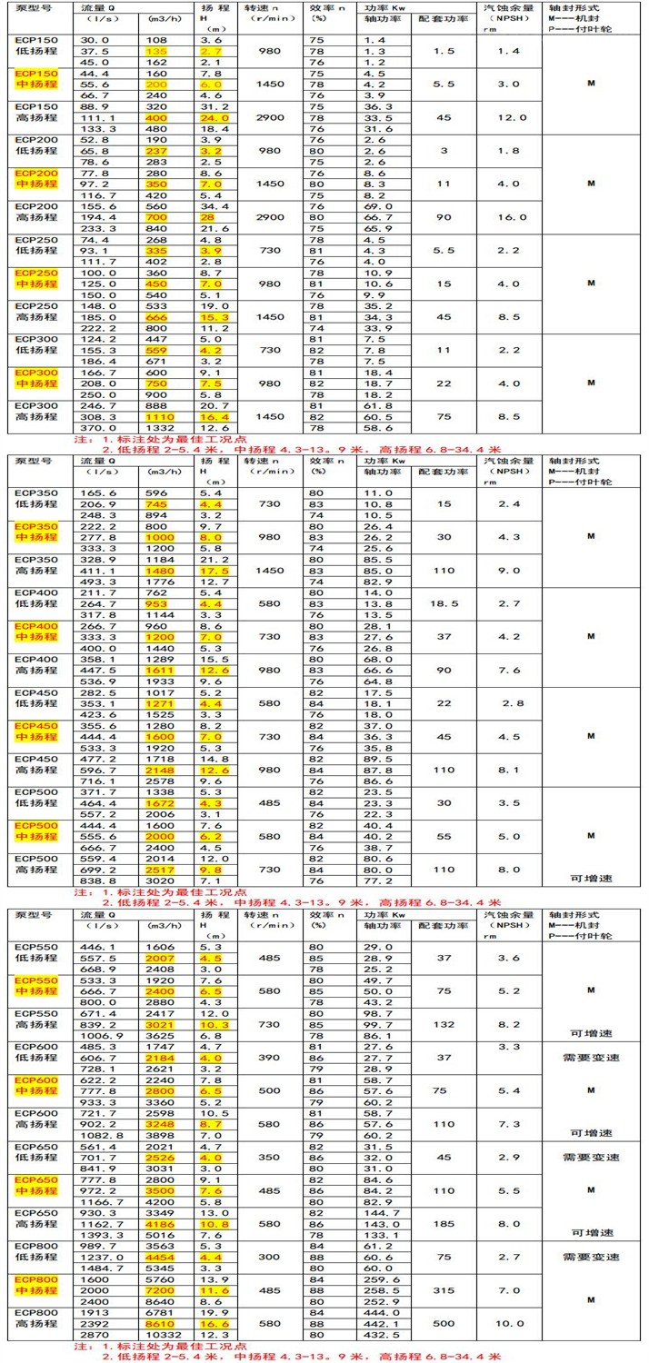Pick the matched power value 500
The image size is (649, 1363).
pyautogui.click(x=444, y=1326)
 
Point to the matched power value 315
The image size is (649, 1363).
pyautogui.click(x=444, y=1290)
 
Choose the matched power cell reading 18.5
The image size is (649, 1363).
pyautogui.click(x=444, y=602)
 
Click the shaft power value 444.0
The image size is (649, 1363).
pyautogui.click(x=379, y=1314)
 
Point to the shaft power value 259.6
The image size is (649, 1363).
pyautogui.click(x=379, y=1278)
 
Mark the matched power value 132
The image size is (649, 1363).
pyautogui.click(x=444, y=1024)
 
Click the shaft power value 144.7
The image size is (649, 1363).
pyautogui.click(x=379, y=1212)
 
